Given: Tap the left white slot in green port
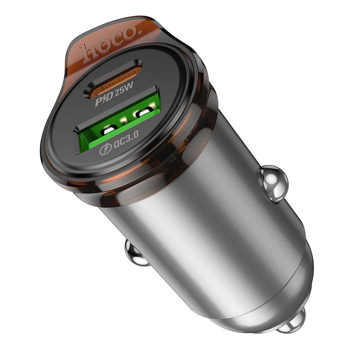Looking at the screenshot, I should click(x=108, y=131).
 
